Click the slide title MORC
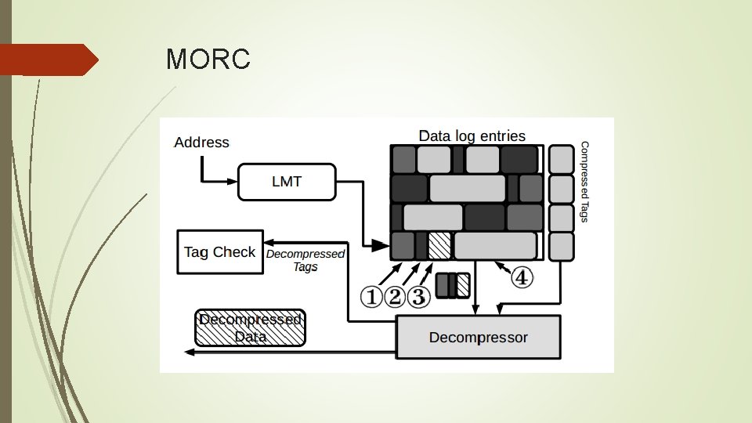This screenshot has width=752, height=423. tap(208, 60)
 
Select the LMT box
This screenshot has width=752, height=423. tap(287, 182)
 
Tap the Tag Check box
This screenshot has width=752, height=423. tap(220, 252)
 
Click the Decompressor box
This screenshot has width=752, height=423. tap(479, 338)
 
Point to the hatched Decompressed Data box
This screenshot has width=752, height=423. tap(250, 328)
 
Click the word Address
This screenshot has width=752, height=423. tap(201, 143)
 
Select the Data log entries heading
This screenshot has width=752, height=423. tap(472, 136)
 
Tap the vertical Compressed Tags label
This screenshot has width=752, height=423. tap(584, 182)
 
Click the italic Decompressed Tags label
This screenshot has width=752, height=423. tap(305, 260)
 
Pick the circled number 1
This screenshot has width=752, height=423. tap(372, 297)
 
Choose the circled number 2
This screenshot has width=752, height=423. tap(396, 297)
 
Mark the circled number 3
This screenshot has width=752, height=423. tap(419, 297)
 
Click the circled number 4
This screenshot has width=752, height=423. tap(522, 277)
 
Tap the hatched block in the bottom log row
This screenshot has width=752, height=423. tap(439, 246)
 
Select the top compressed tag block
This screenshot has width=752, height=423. tap(561, 159)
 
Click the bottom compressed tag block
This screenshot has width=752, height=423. tap(561, 246)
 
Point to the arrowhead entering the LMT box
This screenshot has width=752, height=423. tap(233, 182)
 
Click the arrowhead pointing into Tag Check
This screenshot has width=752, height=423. tap(269, 242)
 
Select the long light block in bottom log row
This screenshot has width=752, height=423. tap(494, 246)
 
